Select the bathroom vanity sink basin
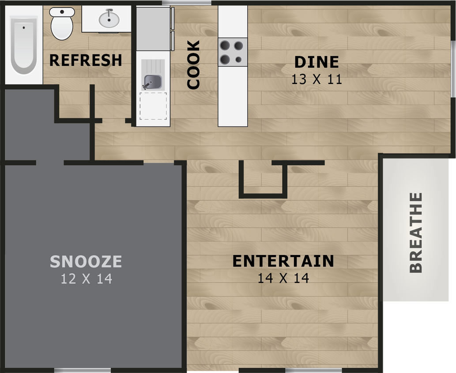[x=109, y=19]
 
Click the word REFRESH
[x=86, y=60]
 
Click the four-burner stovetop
[x=232, y=52]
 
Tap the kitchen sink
[x=153, y=82]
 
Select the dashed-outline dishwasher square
[x=153, y=106]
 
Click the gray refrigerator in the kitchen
[x=153, y=28]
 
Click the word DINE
[x=317, y=62]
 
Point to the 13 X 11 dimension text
[x=317, y=80]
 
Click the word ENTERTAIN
[x=283, y=261]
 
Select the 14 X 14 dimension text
[x=283, y=278]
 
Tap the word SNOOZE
[x=86, y=262]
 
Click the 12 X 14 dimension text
[x=87, y=279]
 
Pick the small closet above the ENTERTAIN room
[x=263, y=179]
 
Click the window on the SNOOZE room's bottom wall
[x=82, y=370]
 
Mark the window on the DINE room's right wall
[x=453, y=69]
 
